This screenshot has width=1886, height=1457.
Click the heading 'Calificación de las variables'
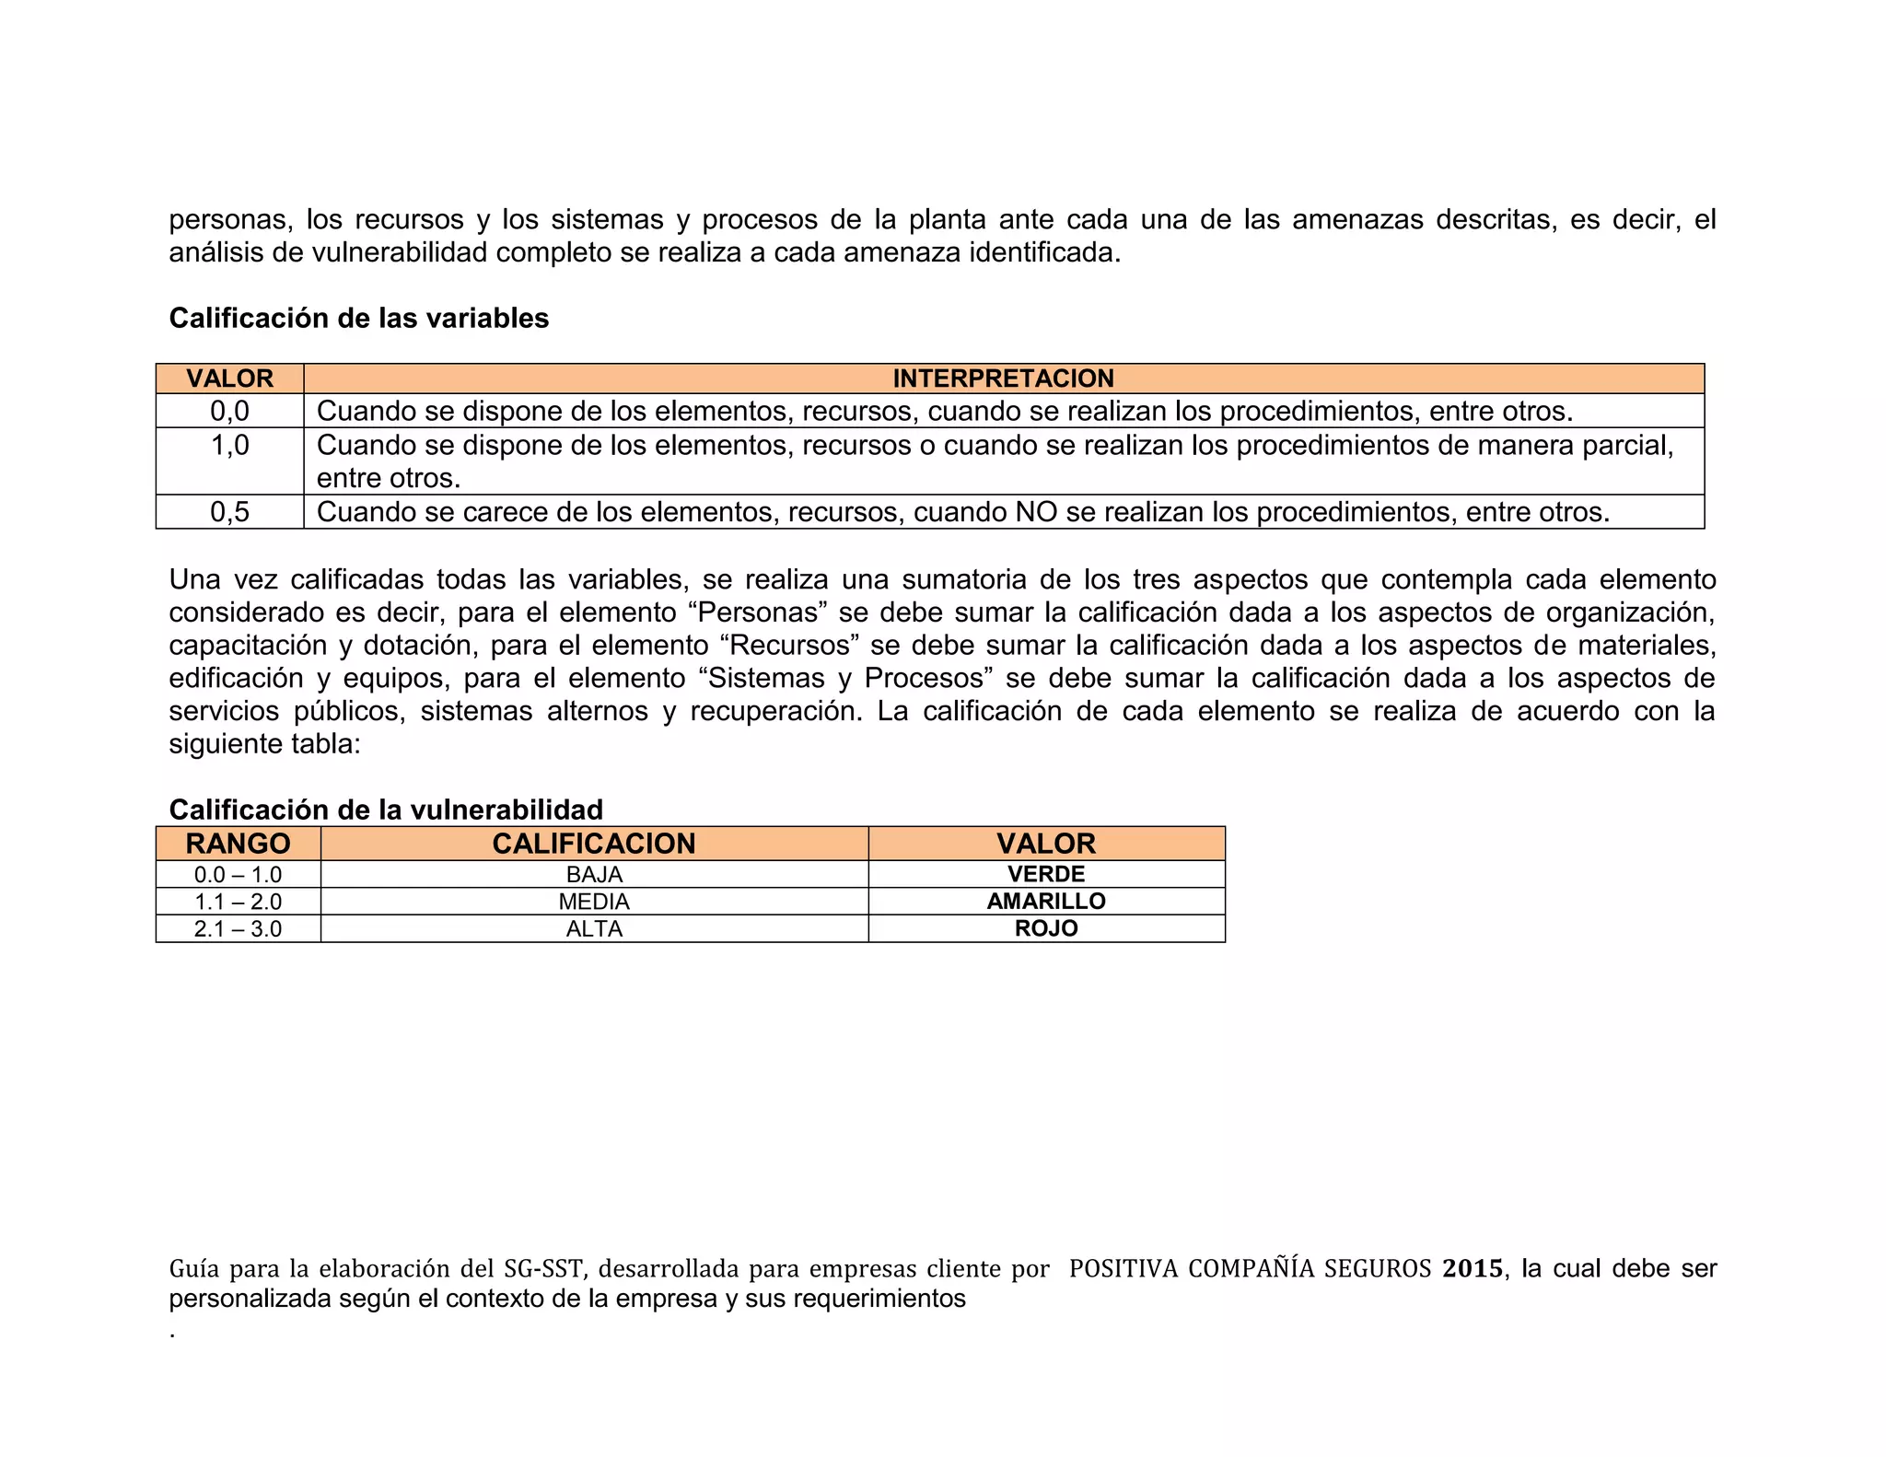click(358, 318)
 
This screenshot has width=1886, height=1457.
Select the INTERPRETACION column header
click(1003, 379)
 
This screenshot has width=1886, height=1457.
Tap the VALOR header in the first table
click(229, 379)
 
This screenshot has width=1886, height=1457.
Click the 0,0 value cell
click(229, 411)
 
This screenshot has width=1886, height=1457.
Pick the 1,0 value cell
click(229, 446)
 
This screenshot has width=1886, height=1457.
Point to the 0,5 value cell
click(229, 512)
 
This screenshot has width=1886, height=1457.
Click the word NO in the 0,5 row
click(1036, 512)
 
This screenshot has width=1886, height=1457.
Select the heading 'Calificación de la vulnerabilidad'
click(386, 810)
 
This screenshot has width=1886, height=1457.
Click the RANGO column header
click(238, 844)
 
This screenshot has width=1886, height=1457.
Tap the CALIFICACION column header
click(594, 844)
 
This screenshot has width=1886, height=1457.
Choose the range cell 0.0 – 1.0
click(238, 875)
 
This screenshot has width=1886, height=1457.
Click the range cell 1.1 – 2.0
click(238, 902)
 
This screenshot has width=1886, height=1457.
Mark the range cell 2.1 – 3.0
click(238, 928)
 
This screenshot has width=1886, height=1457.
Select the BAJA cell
click(594, 875)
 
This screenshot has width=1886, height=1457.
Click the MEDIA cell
click(594, 902)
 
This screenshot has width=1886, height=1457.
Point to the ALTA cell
click(594, 928)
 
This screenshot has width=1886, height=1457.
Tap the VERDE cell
click(1046, 874)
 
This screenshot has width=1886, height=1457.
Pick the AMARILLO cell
click(1046, 901)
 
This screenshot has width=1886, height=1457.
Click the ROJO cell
click(1046, 928)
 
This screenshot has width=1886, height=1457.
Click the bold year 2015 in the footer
click(1473, 1268)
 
